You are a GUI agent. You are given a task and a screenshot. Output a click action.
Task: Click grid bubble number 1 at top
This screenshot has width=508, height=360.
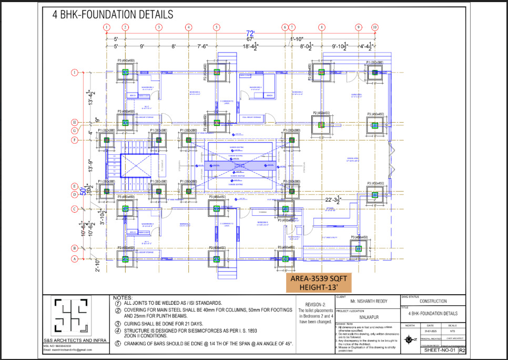[107, 27]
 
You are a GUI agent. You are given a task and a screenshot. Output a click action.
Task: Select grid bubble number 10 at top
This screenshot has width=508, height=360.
[374, 27]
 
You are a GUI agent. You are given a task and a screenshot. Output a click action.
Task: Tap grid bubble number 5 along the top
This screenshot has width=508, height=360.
[216, 27]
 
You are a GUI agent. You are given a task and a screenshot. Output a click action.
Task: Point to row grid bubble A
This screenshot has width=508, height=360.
[75, 258]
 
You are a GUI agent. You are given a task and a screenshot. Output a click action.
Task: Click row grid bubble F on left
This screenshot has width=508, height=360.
[75, 140]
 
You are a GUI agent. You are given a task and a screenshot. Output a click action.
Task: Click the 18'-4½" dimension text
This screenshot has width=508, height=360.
[249, 47]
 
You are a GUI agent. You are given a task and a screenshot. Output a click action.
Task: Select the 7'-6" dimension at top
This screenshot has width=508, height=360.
[202, 47]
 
